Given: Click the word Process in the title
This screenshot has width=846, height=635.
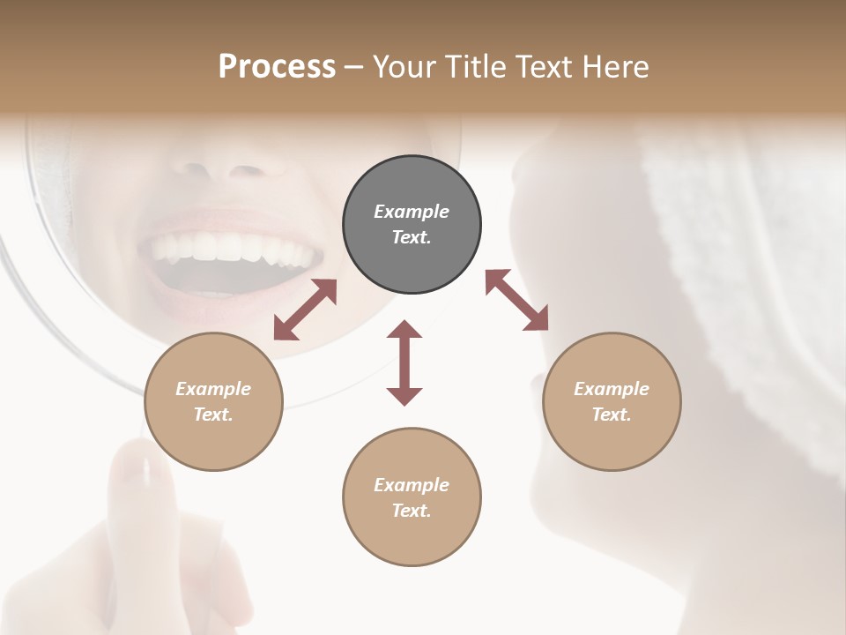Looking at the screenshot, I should coord(277,67).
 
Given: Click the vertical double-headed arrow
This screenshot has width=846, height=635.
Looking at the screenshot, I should coord(404,362).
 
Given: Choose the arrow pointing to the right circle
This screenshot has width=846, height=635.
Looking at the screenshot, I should coord(516,300).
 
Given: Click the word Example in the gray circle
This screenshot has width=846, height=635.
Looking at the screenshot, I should coord(412,212).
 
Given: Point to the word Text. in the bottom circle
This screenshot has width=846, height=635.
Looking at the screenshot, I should coord(412,511).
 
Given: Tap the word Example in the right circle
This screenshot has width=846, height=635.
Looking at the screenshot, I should coord(612,389).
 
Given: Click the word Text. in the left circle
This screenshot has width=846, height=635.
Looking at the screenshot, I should coord(213,415).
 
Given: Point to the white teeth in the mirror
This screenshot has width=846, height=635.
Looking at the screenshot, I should coord(234,248).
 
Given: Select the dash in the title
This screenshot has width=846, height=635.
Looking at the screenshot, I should coord(354,67).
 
